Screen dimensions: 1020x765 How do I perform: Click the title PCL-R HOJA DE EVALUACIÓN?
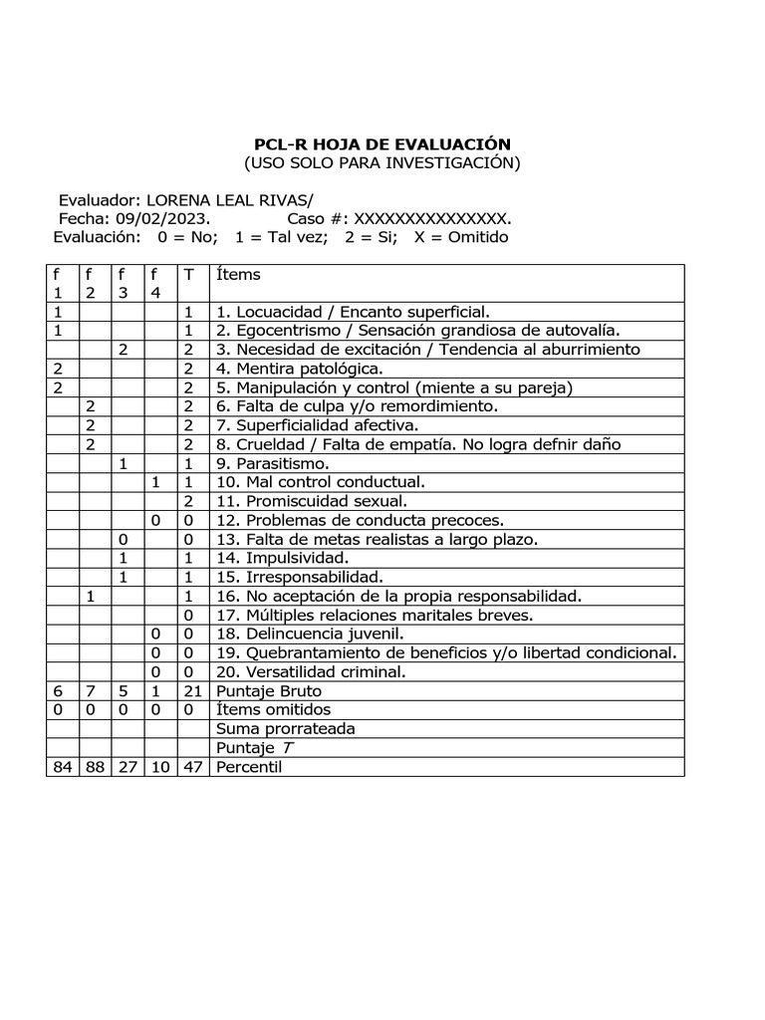[382, 144]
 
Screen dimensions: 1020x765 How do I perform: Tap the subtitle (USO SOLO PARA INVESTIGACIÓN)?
[382, 163]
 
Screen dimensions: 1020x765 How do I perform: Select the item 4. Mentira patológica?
[299, 369]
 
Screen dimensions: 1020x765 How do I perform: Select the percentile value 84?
[59, 767]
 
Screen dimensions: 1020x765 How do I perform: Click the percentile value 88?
[91, 767]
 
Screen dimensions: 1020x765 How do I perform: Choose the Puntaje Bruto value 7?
[91, 691]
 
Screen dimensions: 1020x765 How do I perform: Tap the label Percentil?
[249, 767]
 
